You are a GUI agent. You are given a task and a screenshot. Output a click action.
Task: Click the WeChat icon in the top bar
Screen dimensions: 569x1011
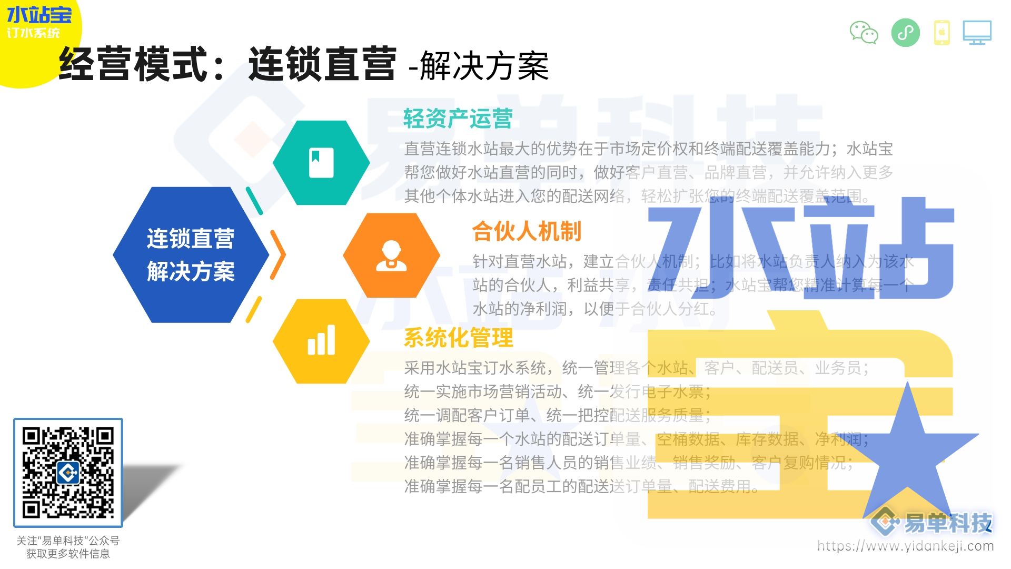[x=864, y=33]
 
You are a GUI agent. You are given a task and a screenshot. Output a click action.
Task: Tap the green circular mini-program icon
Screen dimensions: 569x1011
[x=906, y=33]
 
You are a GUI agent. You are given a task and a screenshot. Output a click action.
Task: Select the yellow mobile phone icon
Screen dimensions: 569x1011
[x=942, y=33]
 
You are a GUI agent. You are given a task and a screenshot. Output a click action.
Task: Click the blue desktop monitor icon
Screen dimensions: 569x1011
[x=977, y=33]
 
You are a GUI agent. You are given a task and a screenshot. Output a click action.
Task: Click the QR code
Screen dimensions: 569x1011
[x=68, y=473]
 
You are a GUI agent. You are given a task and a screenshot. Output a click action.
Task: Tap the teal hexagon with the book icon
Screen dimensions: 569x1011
[x=321, y=163]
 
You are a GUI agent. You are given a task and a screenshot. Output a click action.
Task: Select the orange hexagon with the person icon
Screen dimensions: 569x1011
[x=391, y=256]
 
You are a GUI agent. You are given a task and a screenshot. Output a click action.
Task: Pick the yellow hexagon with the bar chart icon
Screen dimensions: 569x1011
[x=321, y=341]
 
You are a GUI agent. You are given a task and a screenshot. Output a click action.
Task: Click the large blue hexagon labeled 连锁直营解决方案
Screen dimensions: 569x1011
[x=191, y=255]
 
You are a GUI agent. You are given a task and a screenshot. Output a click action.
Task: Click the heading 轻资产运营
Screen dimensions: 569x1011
[x=458, y=119]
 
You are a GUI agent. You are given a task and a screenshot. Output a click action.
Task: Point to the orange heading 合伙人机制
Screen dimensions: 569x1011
[x=527, y=231]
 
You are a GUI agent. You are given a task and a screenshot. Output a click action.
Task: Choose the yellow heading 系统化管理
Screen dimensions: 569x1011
[x=458, y=338]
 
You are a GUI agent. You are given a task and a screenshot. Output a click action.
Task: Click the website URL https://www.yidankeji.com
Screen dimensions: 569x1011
[x=905, y=546]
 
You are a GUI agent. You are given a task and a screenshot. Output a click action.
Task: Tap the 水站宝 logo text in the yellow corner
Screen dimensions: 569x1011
[x=39, y=15]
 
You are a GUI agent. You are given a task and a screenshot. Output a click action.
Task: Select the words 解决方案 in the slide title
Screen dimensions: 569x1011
[x=484, y=66]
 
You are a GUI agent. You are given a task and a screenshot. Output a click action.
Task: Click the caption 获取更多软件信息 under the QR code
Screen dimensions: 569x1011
[x=68, y=554]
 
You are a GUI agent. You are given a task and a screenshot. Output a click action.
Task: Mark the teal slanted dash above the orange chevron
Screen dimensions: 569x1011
[x=254, y=201]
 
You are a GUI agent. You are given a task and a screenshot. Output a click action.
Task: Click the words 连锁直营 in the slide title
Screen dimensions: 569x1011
[x=322, y=64]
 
